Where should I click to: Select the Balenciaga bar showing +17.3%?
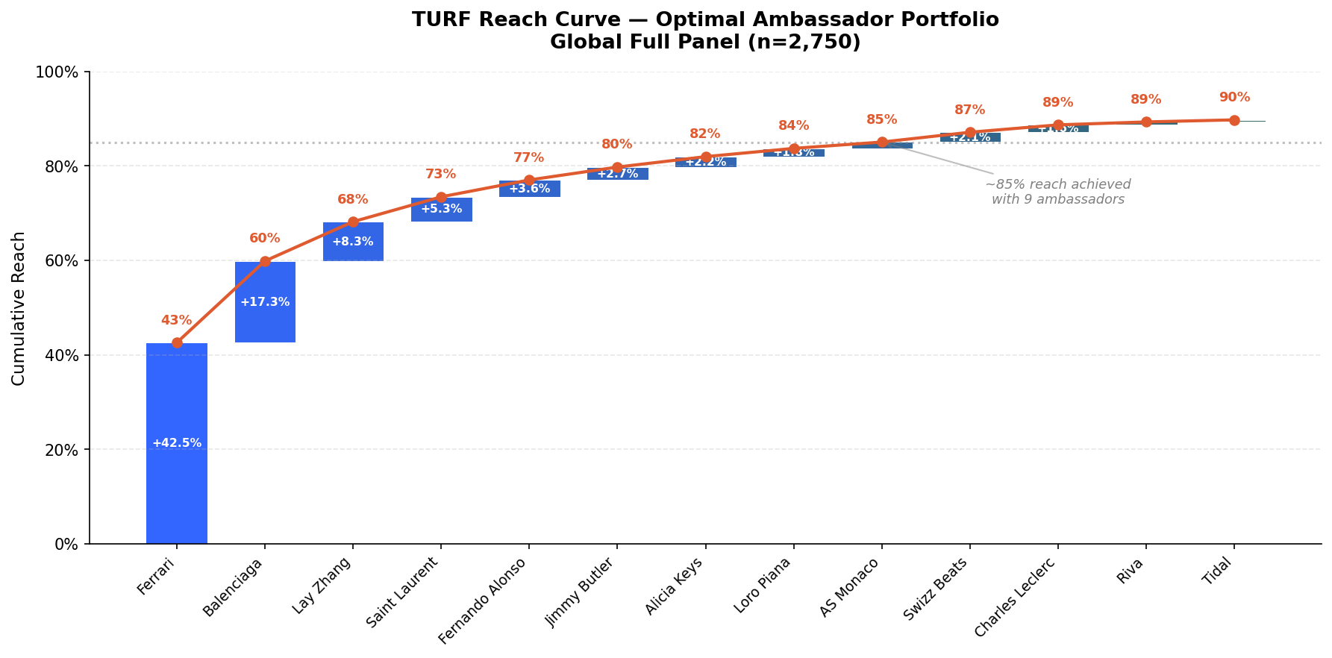265,302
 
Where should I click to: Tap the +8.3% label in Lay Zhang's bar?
353,242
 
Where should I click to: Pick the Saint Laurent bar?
441,210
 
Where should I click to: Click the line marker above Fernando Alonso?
529,181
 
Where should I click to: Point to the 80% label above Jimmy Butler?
617,145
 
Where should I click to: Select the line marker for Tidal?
1234,120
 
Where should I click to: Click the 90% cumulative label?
1234,98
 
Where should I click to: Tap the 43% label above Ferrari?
177,321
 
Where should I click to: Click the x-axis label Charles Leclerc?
1016,606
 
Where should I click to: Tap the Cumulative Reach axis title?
19,308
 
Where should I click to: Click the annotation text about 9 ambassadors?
1057,192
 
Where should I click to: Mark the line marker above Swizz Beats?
970,133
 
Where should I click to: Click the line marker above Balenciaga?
265,261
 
